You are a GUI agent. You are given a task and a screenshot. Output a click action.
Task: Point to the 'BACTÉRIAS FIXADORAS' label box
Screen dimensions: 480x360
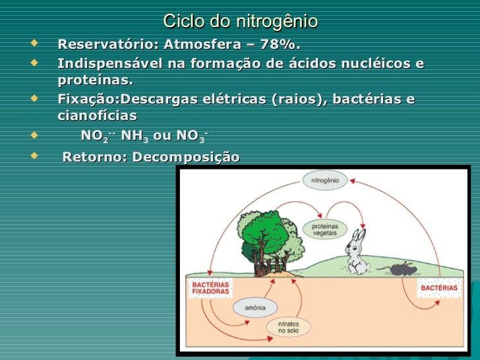coord(210,287)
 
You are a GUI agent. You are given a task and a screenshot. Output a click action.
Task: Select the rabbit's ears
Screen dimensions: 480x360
coord(358,235)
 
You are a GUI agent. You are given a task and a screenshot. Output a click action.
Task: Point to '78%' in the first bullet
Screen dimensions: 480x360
coord(280,45)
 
